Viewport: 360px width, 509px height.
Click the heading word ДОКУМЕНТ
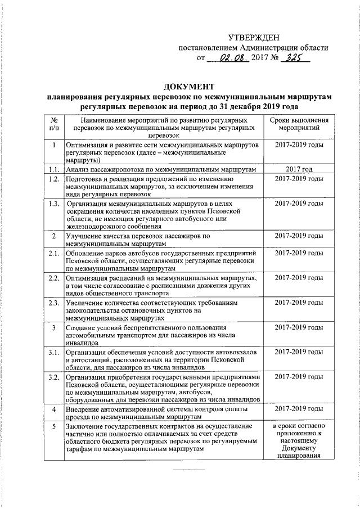tap(188, 87)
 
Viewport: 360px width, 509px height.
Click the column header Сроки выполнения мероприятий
tap(299, 124)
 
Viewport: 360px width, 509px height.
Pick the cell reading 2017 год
tap(299, 169)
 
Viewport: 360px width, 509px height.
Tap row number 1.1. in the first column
tap(53, 169)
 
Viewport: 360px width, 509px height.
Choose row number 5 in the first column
tap(53, 426)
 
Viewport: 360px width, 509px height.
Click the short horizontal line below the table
tap(188, 469)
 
